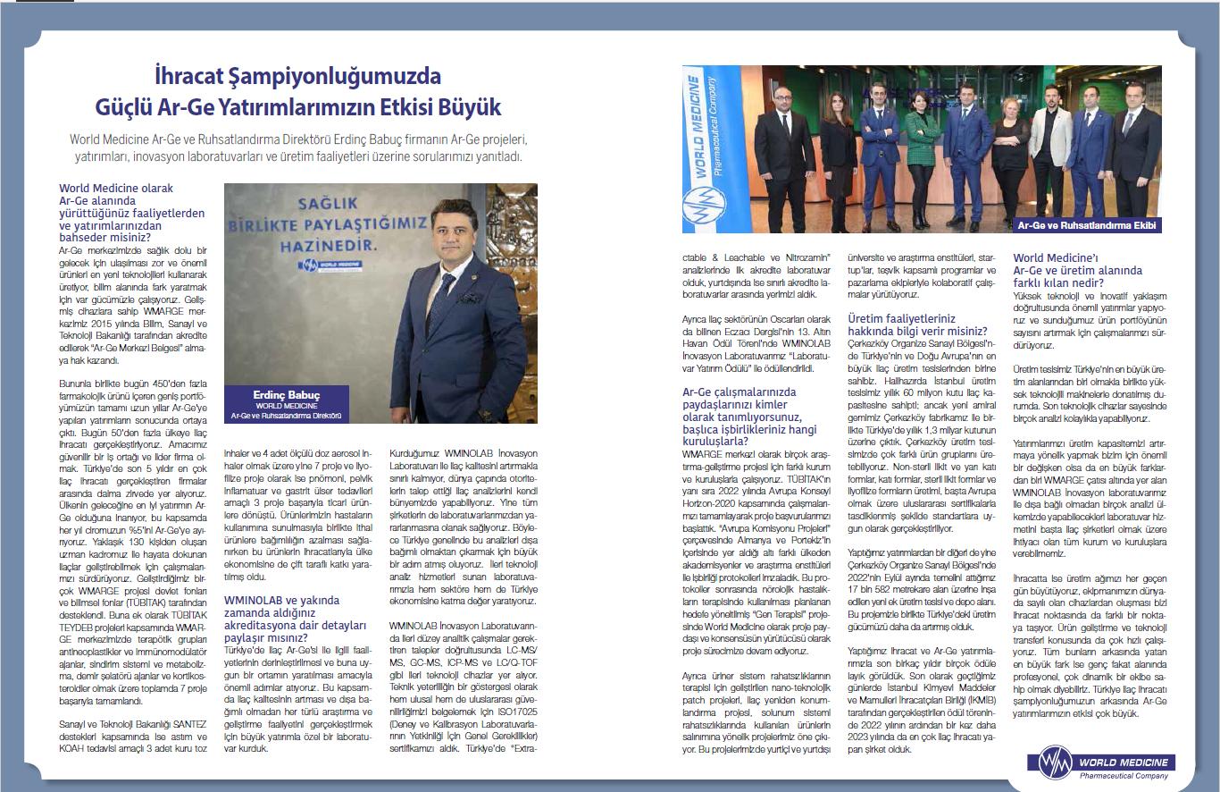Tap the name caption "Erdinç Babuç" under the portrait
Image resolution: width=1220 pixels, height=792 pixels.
pos(287,395)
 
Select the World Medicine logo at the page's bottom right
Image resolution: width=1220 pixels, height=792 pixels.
pos(1102,765)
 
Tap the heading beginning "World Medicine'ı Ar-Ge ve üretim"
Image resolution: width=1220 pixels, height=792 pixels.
pos(1077,270)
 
